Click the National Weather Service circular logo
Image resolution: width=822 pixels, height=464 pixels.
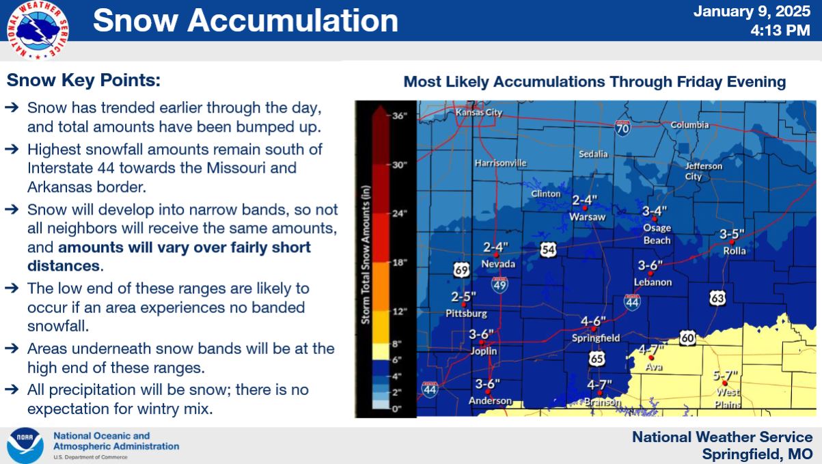(38, 30)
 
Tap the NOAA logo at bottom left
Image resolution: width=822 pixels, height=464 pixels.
(25, 446)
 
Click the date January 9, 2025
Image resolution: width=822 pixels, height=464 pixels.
(752, 12)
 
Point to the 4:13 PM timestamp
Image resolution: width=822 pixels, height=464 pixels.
(780, 30)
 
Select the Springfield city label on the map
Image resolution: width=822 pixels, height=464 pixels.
(596, 338)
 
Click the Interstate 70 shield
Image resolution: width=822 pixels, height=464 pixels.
(622, 128)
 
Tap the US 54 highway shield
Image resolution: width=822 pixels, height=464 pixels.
(548, 249)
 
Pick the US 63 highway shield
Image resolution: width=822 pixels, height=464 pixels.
(717, 298)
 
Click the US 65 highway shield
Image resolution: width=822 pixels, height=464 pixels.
(597, 358)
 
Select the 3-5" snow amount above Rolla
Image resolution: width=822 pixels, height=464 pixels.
(732, 234)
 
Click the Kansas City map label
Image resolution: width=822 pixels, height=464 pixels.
(478, 112)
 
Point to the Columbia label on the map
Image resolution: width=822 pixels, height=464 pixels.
(690, 125)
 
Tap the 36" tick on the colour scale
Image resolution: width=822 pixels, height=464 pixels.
(399, 115)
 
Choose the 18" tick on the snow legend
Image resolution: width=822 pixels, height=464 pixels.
(399, 262)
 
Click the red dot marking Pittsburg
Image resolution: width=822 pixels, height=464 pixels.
(463, 304)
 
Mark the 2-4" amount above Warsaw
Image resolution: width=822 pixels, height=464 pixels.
(585, 200)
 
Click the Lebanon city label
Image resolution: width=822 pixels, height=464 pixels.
(653, 282)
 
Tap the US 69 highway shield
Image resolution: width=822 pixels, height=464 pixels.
(461, 270)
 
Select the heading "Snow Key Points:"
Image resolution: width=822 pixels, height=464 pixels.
(83, 81)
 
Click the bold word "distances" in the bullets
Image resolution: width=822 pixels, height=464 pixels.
(64, 266)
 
